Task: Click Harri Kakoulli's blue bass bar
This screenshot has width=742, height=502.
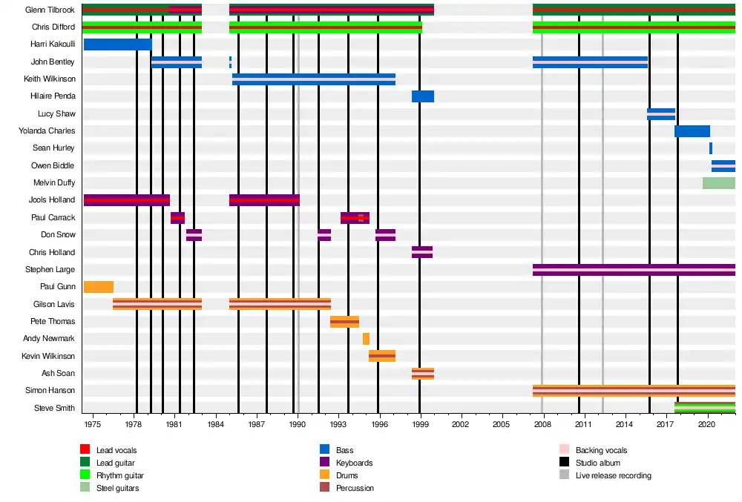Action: point(118,44)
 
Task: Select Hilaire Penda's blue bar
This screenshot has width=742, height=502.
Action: point(423,96)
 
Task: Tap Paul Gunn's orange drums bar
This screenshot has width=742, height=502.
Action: point(99,287)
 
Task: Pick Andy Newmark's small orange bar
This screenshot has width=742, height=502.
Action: point(367,339)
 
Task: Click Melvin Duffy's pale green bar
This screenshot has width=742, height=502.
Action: point(719,183)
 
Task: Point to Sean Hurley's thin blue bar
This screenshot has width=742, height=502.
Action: point(711,148)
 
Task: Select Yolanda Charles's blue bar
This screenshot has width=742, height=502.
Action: point(692,131)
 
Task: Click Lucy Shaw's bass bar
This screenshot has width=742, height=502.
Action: point(661,114)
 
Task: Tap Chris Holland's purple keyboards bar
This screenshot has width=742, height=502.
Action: point(422,252)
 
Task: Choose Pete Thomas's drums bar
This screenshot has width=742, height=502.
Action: point(344,322)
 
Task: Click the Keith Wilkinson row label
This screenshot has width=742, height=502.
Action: point(50,79)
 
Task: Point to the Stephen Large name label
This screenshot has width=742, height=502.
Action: point(50,269)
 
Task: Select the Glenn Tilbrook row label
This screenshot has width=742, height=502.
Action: point(50,10)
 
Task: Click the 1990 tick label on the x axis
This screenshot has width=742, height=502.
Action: point(298,424)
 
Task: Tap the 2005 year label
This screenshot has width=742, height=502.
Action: point(501,424)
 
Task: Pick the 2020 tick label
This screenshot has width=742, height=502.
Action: point(706,424)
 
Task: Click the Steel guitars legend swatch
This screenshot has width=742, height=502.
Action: point(85,487)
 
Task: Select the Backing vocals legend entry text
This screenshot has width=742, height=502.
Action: point(602,450)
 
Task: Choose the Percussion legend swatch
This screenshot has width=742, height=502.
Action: point(325,487)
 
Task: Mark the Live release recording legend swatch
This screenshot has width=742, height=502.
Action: point(564,475)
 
